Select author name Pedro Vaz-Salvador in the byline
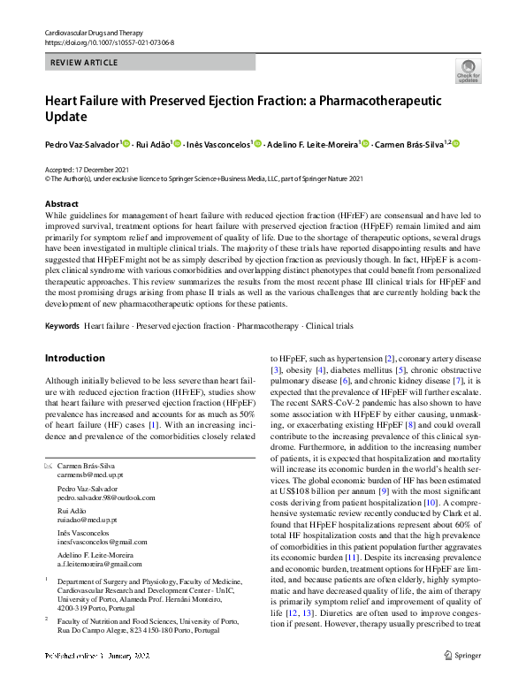81,143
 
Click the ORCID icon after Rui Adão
177,143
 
